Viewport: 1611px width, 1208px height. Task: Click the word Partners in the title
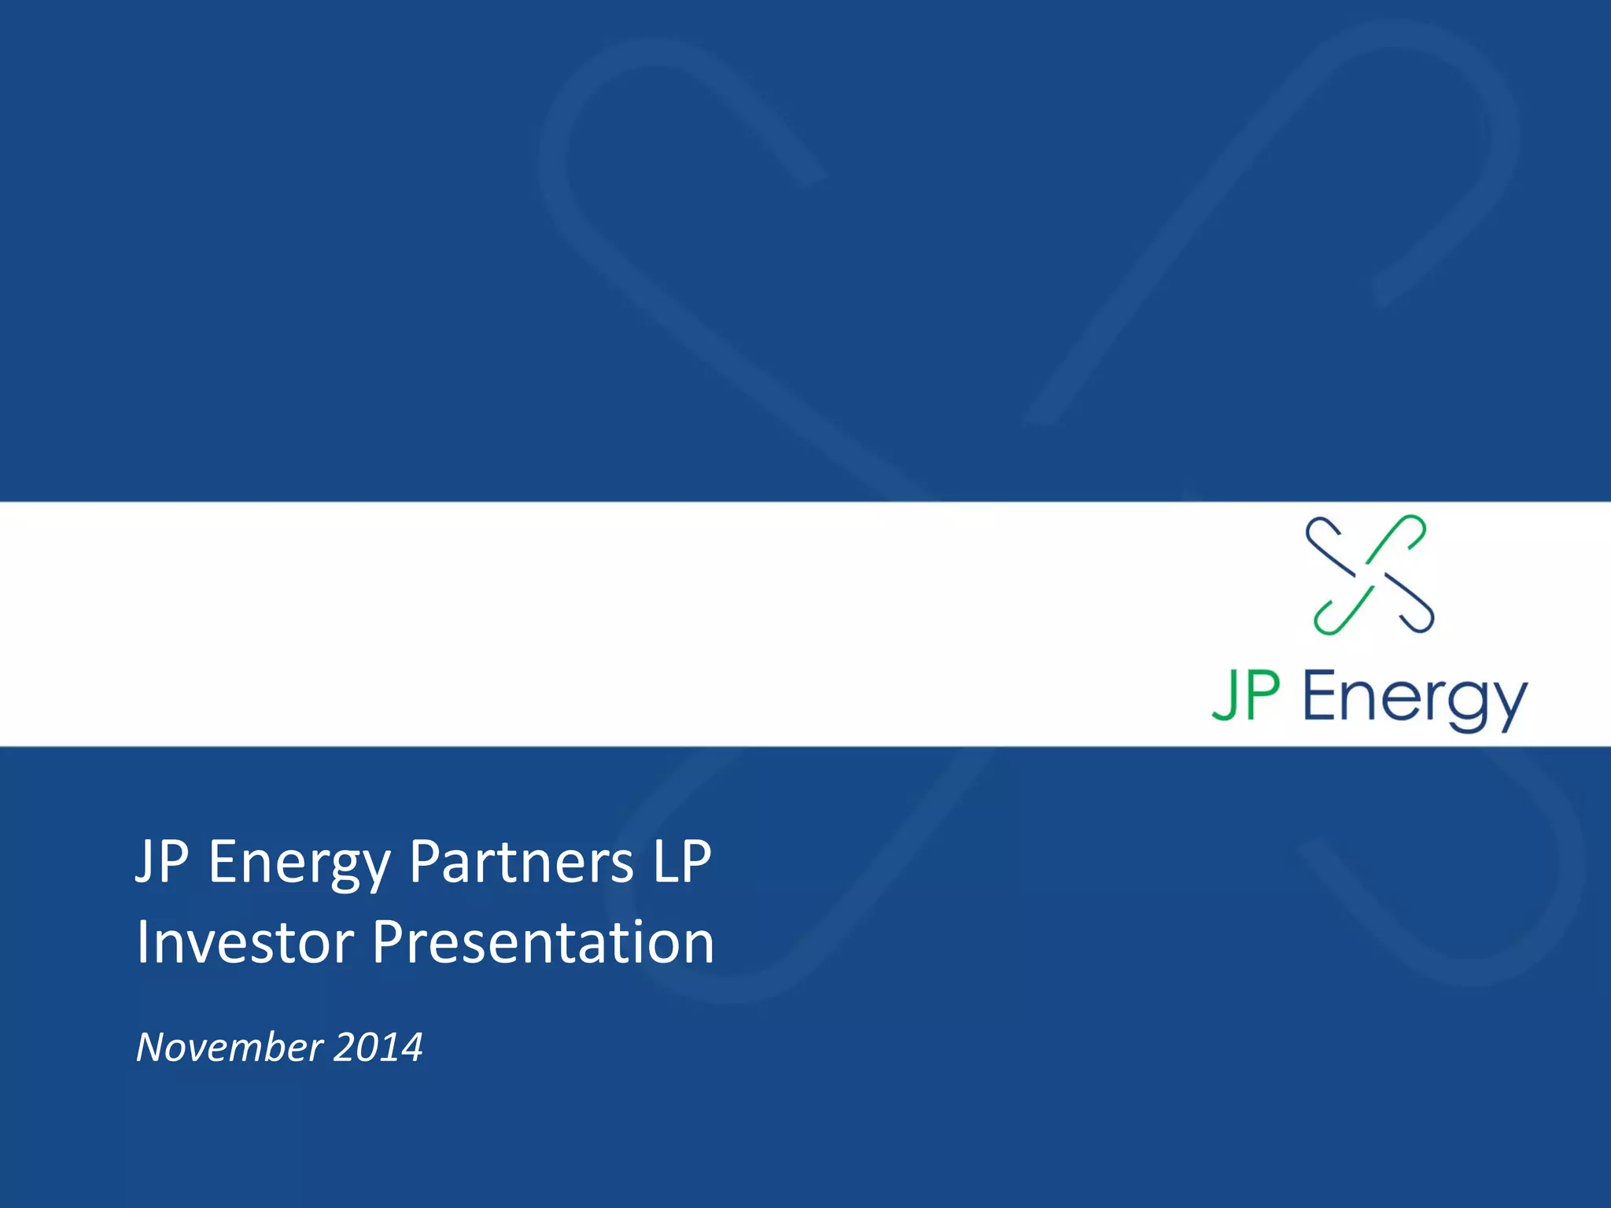pyautogui.click(x=521, y=862)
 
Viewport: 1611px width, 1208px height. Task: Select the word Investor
pyautogui.click(x=245, y=941)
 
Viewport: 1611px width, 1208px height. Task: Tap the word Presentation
pyautogui.click(x=543, y=941)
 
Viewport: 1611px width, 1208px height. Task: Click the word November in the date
pyautogui.click(x=229, y=1047)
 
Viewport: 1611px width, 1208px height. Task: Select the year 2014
pyautogui.click(x=378, y=1047)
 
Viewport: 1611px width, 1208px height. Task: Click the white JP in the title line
pyautogui.click(x=162, y=862)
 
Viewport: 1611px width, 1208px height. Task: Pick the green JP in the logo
pyautogui.click(x=1246, y=695)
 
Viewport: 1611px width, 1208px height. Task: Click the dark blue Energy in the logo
pyautogui.click(x=1414, y=698)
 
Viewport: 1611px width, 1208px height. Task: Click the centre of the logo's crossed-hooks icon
pyautogui.click(x=1370, y=575)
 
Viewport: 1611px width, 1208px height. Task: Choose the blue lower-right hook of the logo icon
pyautogui.click(x=1413, y=610)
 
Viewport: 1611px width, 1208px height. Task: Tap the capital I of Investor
pyautogui.click(x=143, y=941)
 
